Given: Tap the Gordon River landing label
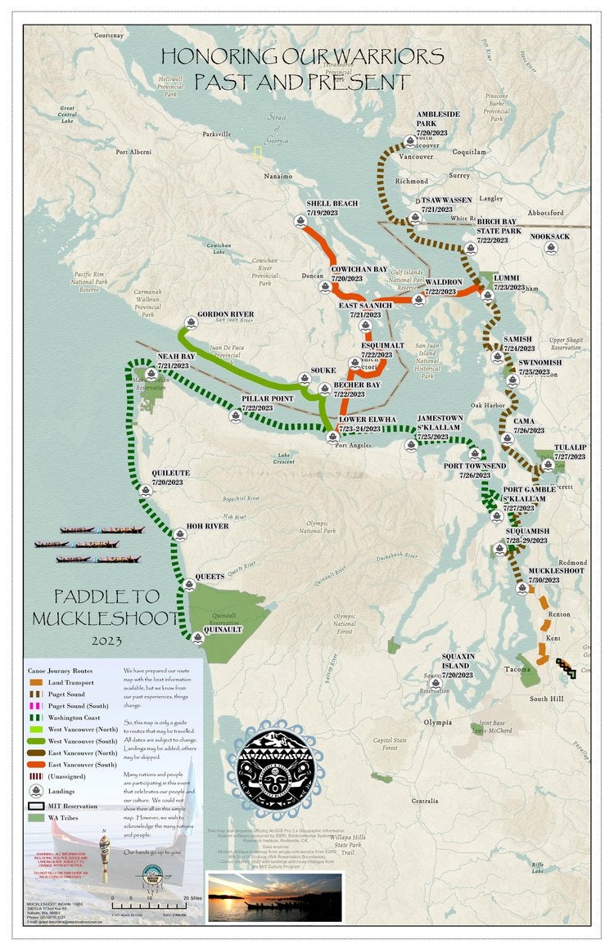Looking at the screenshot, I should [225, 314].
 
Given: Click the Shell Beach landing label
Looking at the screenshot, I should [332, 208].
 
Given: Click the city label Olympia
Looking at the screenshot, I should [438, 722].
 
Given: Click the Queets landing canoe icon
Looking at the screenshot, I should [189, 584].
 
